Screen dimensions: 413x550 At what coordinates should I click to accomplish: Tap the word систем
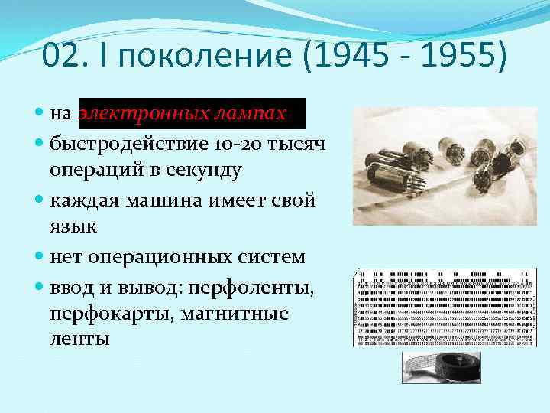pos(271,257)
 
